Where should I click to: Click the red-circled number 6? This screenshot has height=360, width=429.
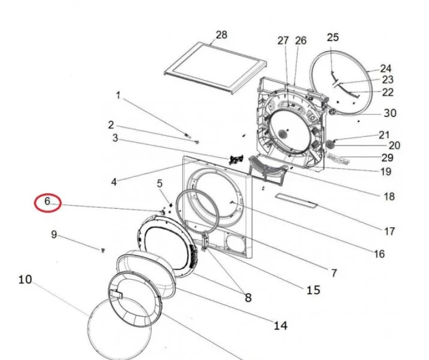tap(47, 201)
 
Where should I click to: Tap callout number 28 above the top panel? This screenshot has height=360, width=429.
tap(221, 35)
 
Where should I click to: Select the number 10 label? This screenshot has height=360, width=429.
tap(25, 280)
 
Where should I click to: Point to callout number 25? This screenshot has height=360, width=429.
tap(332, 37)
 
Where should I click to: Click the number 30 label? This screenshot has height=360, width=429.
tap(390, 113)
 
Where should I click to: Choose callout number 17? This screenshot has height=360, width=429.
tap(390, 231)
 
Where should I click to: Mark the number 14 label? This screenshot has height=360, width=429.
tap(280, 326)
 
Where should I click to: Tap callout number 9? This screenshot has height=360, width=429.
tap(54, 234)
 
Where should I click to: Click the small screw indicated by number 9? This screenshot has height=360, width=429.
tap(103, 250)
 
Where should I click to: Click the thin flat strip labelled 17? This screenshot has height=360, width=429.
tap(297, 201)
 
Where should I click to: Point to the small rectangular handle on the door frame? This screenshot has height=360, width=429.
tap(116, 293)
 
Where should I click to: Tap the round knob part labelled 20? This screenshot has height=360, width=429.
tap(331, 144)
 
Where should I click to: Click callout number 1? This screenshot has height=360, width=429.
tap(118, 95)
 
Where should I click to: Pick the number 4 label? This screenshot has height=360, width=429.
tap(114, 182)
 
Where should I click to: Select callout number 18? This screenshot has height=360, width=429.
tap(389, 196)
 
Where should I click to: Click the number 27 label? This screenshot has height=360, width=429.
tap(283, 41)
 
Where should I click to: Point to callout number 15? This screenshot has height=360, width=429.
tap(313, 290)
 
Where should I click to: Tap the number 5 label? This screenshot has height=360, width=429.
tap(160, 183)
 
